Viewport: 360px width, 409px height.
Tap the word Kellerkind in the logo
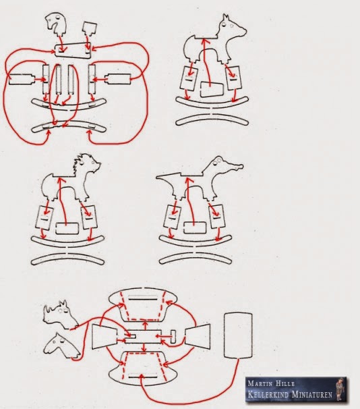[268, 393]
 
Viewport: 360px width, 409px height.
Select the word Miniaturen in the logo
[312, 393]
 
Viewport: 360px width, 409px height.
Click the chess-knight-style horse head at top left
[55, 23]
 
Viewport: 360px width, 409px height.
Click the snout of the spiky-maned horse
[98, 165]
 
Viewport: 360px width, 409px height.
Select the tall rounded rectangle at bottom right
[238, 335]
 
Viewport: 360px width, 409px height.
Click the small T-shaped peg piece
[173, 337]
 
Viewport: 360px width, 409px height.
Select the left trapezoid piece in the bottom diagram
[104, 337]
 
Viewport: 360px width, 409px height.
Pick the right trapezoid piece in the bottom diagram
[198, 337]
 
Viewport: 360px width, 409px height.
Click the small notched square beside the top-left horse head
[90, 29]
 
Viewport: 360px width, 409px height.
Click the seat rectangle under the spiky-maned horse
[67, 229]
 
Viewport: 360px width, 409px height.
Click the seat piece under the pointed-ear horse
[212, 90]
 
